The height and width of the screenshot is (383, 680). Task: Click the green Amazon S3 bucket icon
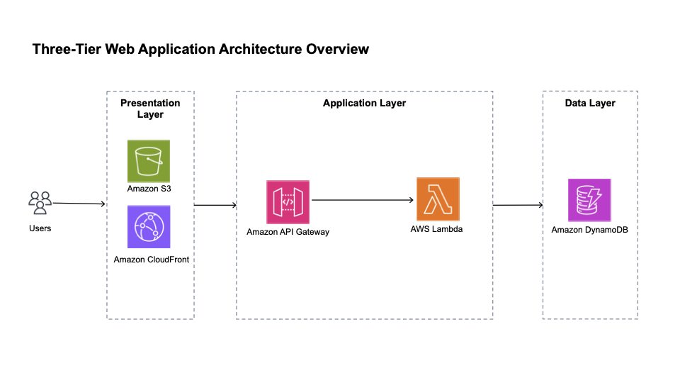click(x=149, y=161)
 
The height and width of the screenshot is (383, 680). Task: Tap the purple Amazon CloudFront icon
click(x=149, y=226)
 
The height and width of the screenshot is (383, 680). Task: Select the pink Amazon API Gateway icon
click(x=288, y=201)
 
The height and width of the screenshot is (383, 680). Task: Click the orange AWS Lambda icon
click(x=438, y=199)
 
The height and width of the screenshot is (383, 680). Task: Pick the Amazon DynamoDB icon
click(x=589, y=200)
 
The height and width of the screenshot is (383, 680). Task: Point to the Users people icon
click(x=40, y=203)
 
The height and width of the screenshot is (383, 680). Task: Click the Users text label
click(x=40, y=228)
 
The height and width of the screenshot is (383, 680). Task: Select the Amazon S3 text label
click(x=149, y=189)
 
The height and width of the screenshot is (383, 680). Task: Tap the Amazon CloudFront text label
click(x=151, y=260)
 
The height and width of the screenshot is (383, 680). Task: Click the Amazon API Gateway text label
click(x=288, y=232)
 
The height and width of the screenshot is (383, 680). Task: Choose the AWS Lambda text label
click(x=436, y=229)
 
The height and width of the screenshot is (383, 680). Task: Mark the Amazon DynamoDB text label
click(x=589, y=230)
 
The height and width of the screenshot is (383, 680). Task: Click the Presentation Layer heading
click(x=150, y=109)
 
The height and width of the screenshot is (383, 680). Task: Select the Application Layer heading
click(x=364, y=103)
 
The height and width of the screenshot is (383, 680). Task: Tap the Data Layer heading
click(x=589, y=103)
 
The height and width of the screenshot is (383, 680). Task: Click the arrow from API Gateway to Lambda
click(x=363, y=200)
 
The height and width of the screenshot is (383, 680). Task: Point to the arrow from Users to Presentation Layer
click(x=79, y=204)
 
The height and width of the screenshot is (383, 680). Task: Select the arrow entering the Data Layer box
click(x=518, y=206)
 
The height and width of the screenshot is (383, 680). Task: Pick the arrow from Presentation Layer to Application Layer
click(x=215, y=206)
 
